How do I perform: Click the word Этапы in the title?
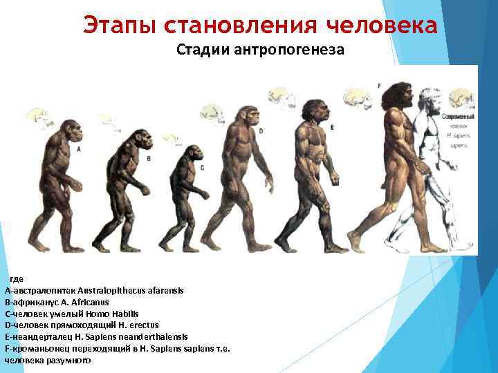point(120,26)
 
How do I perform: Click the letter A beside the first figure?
point(78,149)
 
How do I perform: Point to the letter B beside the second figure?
point(149,158)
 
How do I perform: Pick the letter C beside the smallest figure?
point(202,168)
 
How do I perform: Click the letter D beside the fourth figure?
point(261,131)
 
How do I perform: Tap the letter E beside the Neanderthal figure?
point(332,128)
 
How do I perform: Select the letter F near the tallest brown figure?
point(379,85)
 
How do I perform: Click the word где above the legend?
point(17,278)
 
